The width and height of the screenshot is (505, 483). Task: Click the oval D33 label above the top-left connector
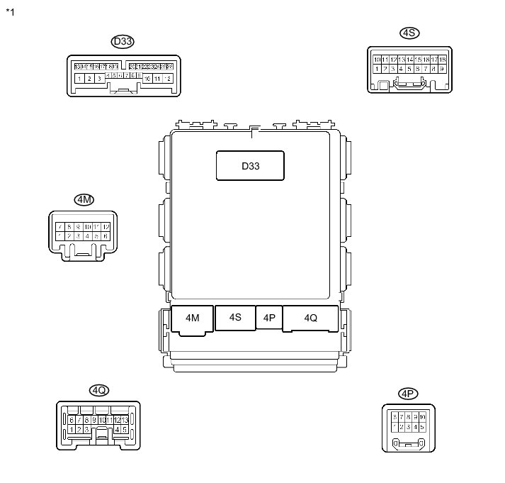tap(123, 42)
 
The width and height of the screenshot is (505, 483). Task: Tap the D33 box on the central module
tap(250, 166)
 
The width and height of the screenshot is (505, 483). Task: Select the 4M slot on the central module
tap(193, 318)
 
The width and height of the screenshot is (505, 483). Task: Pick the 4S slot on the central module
tap(235, 317)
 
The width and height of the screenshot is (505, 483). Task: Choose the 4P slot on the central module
tap(269, 318)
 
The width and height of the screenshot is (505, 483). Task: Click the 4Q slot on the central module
tap(310, 318)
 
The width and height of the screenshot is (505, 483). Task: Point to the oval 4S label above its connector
tap(409, 33)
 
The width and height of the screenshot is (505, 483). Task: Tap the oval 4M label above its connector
tap(84, 200)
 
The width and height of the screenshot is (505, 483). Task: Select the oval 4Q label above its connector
tap(98, 390)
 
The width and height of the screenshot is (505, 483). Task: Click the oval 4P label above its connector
tap(407, 394)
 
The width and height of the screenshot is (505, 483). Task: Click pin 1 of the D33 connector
tap(79, 78)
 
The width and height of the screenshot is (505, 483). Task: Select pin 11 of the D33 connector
tap(157, 78)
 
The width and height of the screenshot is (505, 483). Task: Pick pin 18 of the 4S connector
tap(443, 60)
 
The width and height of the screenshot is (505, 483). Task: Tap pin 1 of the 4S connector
tap(377, 69)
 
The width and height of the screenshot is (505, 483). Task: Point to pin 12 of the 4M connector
tap(106, 227)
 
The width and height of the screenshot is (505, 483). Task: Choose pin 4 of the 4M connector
tap(87, 235)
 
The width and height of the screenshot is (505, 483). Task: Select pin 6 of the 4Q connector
tap(72, 420)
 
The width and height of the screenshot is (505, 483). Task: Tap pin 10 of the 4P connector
tap(422, 417)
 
